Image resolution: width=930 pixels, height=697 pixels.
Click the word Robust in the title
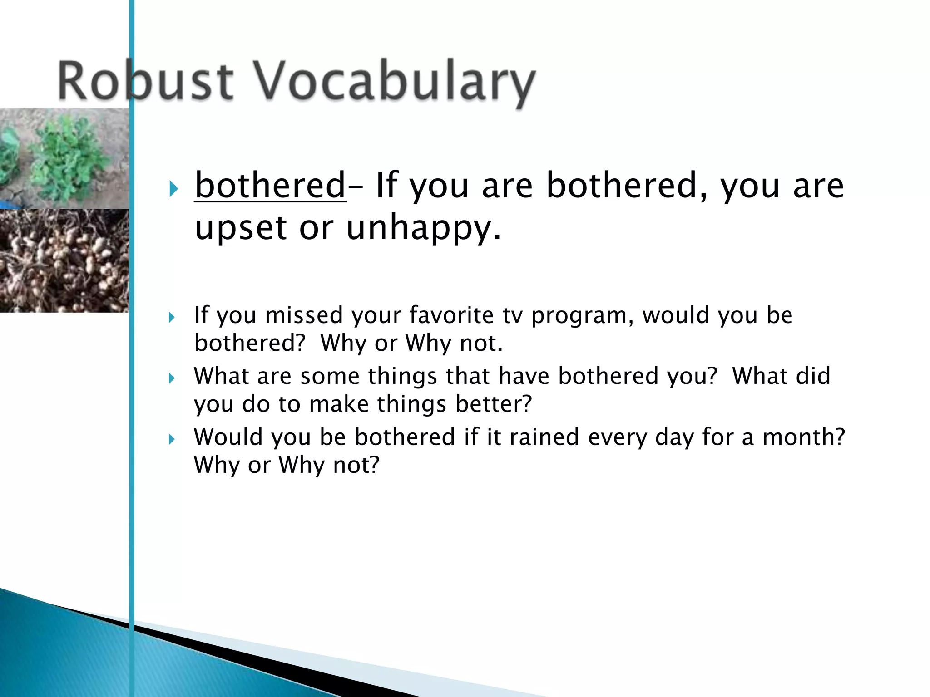click(145, 82)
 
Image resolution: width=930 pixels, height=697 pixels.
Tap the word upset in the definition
click(241, 228)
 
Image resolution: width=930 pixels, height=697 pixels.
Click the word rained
click(544, 437)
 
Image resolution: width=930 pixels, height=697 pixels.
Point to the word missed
click(304, 315)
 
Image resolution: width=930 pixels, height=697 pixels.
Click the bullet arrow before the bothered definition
click(173, 188)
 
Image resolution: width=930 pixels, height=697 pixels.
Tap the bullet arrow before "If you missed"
click(172, 317)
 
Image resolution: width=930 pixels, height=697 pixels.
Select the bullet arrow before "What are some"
click(172, 378)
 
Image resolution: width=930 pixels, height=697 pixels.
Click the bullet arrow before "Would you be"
click(172, 439)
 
